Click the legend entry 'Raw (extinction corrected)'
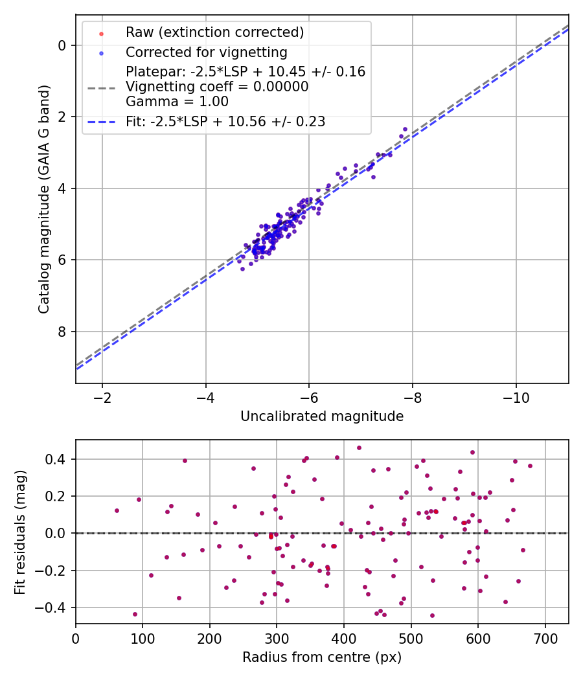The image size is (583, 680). pyautogui.click(x=214, y=32)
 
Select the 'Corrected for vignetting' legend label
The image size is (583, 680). pyautogui.click(x=206, y=52)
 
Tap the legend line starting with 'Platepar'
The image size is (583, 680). pyautogui.click(x=246, y=72)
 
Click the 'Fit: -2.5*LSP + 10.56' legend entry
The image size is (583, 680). pyautogui.click(x=225, y=121)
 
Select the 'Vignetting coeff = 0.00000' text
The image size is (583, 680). pyautogui.click(x=217, y=87)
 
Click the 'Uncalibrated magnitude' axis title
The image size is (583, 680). pyautogui.click(x=322, y=416)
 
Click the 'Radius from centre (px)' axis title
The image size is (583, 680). pyautogui.click(x=322, y=657)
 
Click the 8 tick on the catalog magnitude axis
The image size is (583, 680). pyautogui.click(x=62, y=332)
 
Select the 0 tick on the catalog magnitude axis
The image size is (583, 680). pyautogui.click(x=62, y=45)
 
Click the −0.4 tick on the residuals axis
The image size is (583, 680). pyautogui.click(x=54, y=607)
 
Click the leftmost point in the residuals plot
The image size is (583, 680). pyautogui.click(x=117, y=510)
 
